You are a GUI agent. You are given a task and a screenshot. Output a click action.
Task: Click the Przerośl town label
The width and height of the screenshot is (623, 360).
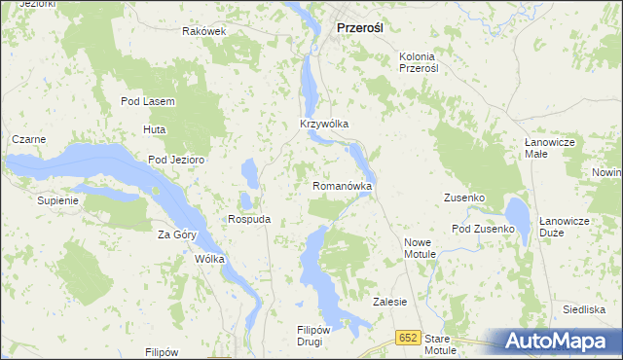pyautogui.click(x=359, y=29)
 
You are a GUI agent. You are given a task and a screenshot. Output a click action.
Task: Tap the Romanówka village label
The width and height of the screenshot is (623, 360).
pyautogui.click(x=342, y=185)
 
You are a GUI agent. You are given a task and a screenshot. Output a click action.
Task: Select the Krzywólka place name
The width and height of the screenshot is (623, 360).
pyautogui.click(x=324, y=125)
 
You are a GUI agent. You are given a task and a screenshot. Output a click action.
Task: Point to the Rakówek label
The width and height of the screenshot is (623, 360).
pyautogui.click(x=204, y=31)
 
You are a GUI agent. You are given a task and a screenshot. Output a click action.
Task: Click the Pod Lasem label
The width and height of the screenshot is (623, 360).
pyautogui.click(x=147, y=102)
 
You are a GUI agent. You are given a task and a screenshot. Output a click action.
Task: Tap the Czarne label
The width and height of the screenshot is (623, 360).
pyautogui.click(x=28, y=139)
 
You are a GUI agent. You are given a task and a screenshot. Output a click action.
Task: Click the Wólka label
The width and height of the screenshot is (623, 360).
pyautogui.click(x=209, y=260)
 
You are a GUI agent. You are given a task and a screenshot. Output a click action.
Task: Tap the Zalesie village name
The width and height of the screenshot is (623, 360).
pyautogui.click(x=389, y=302)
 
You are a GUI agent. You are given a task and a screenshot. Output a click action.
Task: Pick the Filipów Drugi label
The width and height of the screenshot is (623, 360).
pyautogui.click(x=316, y=336)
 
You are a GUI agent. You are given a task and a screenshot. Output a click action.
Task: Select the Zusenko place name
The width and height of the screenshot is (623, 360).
pyautogui.click(x=464, y=198)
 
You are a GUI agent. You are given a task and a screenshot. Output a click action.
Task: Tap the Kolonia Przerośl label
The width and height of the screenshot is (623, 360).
pyautogui.click(x=420, y=62)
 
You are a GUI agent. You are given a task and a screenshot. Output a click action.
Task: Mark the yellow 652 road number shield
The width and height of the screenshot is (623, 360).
pyautogui.click(x=408, y=337)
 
